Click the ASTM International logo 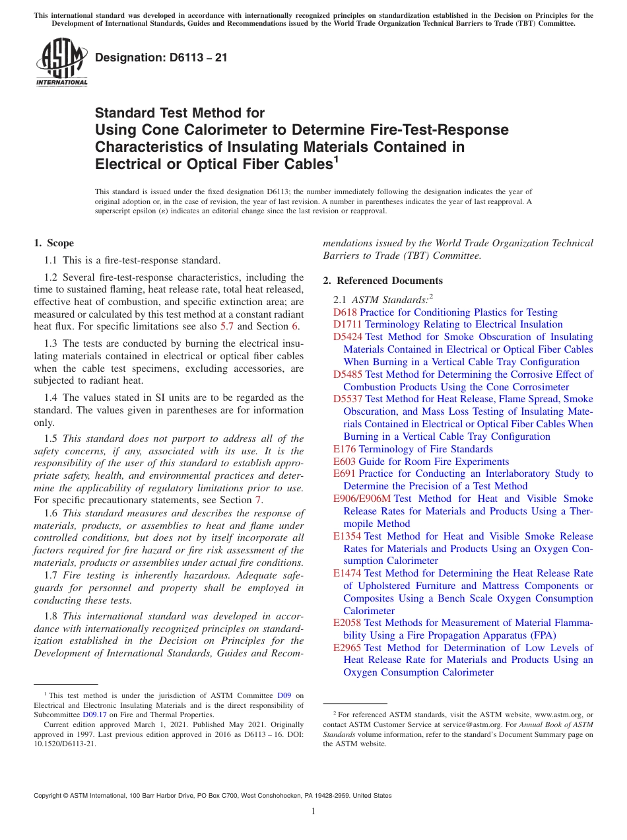[x=61, y=62]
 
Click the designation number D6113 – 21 [x=161, y=57]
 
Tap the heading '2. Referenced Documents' [x=383, y=281]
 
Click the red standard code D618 [x=345, y=312]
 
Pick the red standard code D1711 [x=347, y=324]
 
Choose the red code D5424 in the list [x=347, y=337]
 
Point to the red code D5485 [x=347, y=374]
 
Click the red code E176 [x=345, y=449]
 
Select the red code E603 [x=345, y=462]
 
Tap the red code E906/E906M [x=362, y=499]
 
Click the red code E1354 [x=347, y=536]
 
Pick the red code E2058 [x=347, y=623]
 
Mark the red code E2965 [x=347, y=648]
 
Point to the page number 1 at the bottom [x=313, y=812]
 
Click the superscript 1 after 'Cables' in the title [x=335, y=159]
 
